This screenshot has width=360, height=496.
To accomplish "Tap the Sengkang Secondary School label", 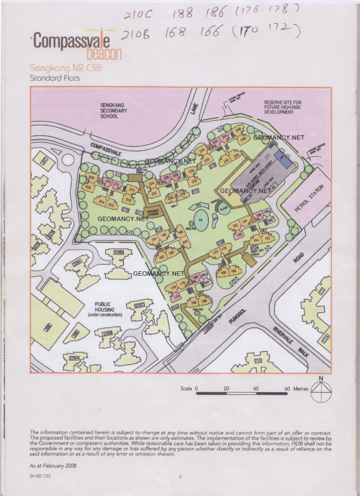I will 113,110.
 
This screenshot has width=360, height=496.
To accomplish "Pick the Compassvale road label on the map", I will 107,148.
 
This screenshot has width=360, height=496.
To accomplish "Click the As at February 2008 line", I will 52,464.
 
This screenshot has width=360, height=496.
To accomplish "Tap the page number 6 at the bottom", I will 180,477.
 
